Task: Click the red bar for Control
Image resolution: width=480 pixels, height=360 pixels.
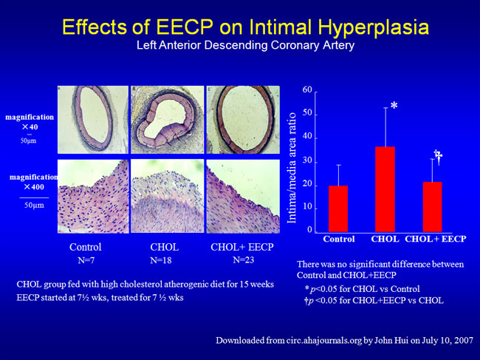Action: [x=337, y=208]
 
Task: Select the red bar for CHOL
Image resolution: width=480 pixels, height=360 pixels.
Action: [x=385, y=189]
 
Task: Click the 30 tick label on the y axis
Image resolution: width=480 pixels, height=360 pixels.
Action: [x=307, y=161]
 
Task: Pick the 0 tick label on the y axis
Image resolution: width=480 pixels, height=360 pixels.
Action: [x=311, y=231]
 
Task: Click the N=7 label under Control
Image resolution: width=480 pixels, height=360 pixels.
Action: [x=87, y=261]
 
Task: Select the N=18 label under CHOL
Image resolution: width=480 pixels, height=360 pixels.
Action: [x=162, y=261]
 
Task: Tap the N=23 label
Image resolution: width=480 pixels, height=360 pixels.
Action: [x=244, y=260]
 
